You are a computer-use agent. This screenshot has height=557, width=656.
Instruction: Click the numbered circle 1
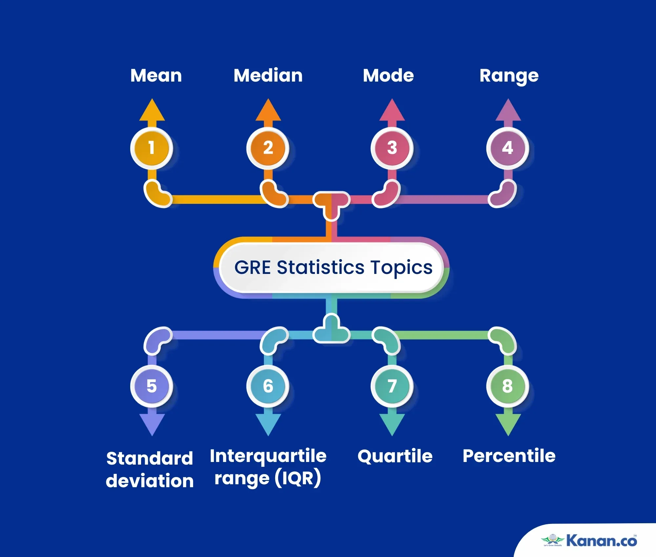pos(152,148)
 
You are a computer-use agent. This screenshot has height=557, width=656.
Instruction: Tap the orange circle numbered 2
pos(268,148)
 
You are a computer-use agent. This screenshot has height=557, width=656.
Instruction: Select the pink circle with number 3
pos(392,148)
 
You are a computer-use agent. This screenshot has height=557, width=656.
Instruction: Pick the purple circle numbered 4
pos(508,148)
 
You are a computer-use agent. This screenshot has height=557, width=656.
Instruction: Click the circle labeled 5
pos(152,386)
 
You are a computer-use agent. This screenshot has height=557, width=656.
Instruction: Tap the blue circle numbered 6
pos(268,386)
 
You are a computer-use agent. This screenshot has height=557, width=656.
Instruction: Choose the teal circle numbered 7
pos(392,386)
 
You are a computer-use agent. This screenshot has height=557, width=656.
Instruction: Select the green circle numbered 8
pos(508,386)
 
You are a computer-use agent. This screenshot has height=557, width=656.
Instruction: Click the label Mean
pos(156,76)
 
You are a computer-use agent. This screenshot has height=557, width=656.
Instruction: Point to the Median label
pos(268,76)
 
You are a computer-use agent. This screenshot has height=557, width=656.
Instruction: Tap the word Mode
pos(388,76)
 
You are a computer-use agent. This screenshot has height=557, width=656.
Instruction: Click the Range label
pos(509,76)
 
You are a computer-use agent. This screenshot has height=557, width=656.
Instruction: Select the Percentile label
pos(509,456)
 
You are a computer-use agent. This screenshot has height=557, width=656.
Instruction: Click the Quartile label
pos(395,456)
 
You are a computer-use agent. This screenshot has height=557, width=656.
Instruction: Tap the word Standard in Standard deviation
pos(150,458)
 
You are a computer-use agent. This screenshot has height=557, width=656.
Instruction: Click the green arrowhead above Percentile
pos(508,424)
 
